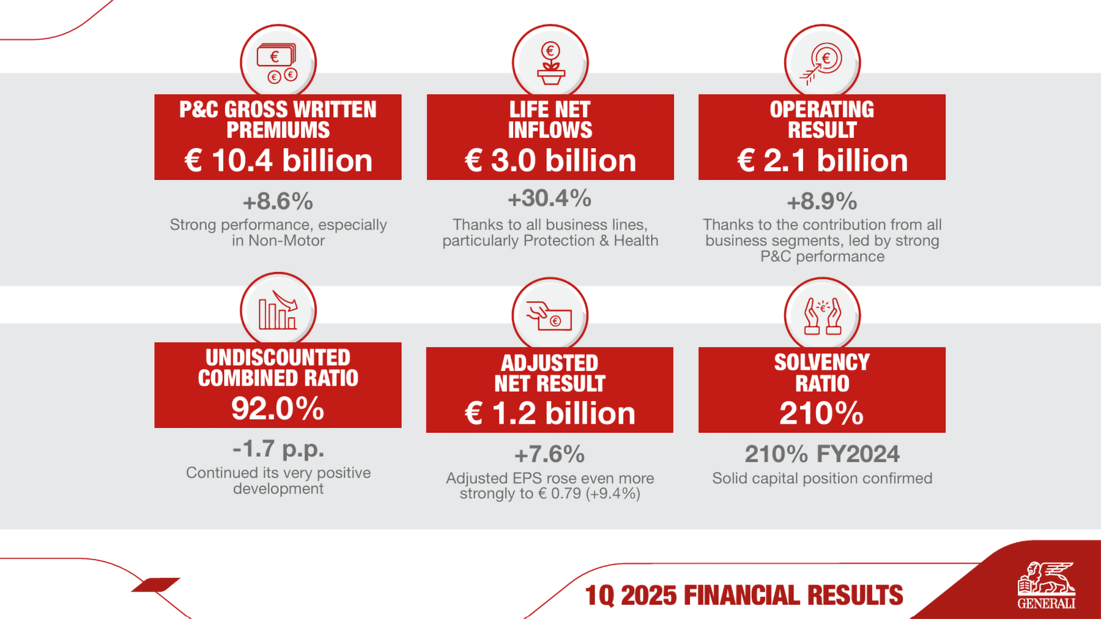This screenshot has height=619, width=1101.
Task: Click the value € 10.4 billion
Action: (x=278, y=160)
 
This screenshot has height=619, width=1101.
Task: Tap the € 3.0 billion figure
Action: (x=550, y=160)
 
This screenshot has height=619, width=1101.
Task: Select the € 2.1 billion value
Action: (x=822, y=160)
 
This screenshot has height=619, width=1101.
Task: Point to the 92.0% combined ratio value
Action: (x=278, y=408)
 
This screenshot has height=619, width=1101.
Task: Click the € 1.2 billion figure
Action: (x=550, y=413)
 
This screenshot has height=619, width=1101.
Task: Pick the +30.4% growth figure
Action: (x=550, y=198)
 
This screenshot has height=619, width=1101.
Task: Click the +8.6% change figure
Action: (x=278, y=201)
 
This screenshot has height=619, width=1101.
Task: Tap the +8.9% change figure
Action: (x=822, y=201)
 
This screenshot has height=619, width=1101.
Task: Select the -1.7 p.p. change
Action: (x=278, y=449)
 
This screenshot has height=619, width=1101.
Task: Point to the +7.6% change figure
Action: (x=550, y=454)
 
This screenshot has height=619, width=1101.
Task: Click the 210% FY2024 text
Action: (x=822, y=454)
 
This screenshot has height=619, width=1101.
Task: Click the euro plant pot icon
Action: (x=550, y=62)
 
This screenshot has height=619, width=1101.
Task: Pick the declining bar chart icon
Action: (x=278, y=310)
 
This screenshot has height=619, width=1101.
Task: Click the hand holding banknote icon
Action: (x=550, y=315)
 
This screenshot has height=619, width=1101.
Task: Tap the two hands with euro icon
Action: (x=822, y=315)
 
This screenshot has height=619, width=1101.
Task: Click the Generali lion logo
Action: (x=1046, y=585)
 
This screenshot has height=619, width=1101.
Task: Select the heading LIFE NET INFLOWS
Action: (x=550, y=119)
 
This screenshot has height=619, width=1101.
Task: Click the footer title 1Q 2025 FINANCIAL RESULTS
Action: (x=744, y=595)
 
